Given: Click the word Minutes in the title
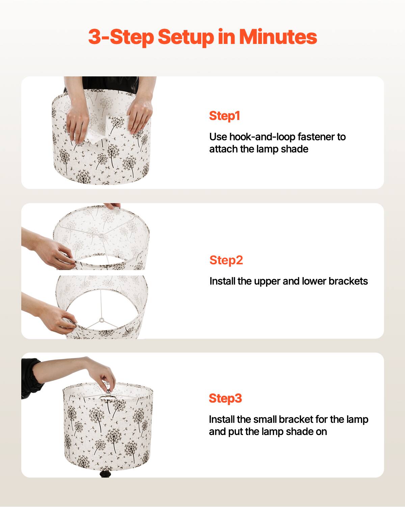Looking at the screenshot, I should [x=278, y=37].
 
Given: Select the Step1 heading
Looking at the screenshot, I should [x=224, y=116].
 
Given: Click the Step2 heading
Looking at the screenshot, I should [x=226, y=260].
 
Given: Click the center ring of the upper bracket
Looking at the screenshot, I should [x=101, y=234].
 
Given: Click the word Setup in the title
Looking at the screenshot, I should [x=186, y=37].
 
